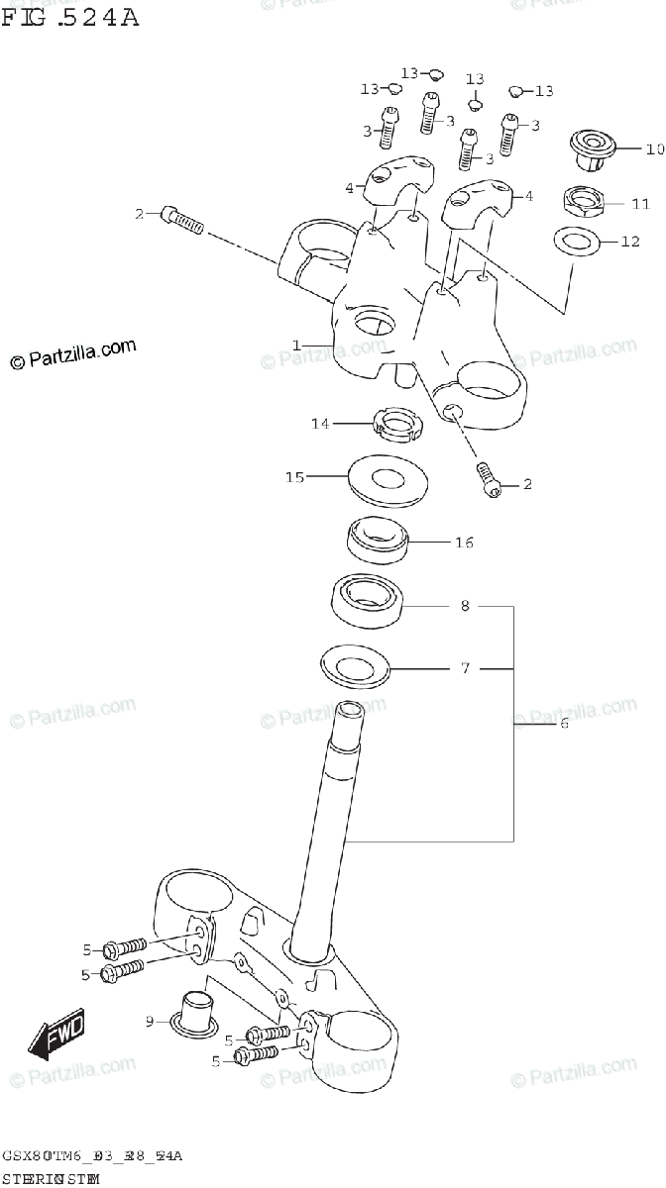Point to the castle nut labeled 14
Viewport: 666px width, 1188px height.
click(x=396, y=425)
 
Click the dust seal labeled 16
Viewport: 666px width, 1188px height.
click(x=376, y=538)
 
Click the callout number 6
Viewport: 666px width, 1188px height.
click(x=563, y=724)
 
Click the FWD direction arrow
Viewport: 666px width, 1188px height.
click(x=56, y=1035)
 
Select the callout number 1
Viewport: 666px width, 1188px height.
click(x=296, y=345)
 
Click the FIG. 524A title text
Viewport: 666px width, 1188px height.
click(x=69, y=17)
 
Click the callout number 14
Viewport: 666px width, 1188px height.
click(x=319, y=424)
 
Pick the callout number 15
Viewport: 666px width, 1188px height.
click(x=294, y=477)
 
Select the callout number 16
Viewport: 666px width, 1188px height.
click(x=464, y=543)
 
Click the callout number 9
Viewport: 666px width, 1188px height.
click(x=150, y=1021)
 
